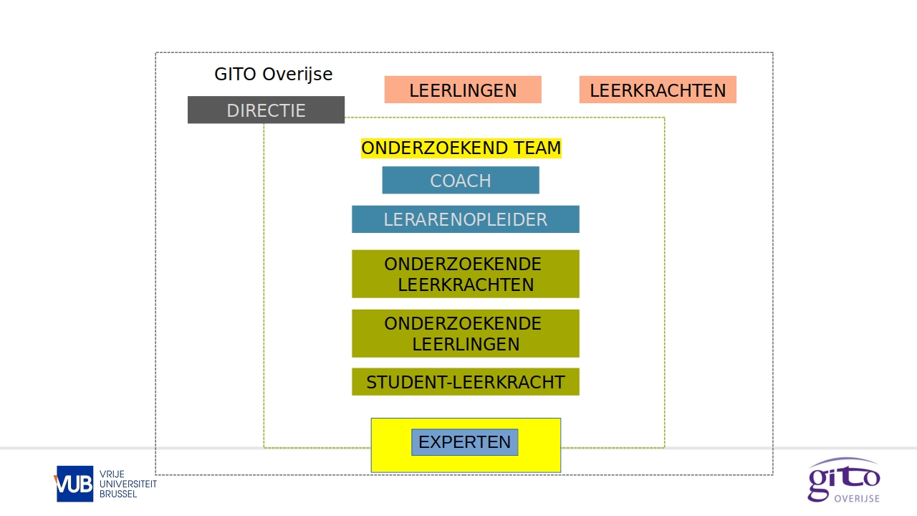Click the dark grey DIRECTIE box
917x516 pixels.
pyautogui.click(x=266, y=110)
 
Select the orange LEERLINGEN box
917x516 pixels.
pyautogui.click(x=463, y=90)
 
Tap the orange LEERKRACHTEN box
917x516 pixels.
pyautogui.click(x=658, y=90)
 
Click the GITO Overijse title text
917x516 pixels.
pyautogui.click(x=274, y=74)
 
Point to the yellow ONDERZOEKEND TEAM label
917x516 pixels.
pyautogui.click(x=461, y=148)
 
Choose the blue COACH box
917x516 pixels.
pyautogui.click(x=461, y=181)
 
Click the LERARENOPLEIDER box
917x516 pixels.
pyautogui.click(x=465, y=219)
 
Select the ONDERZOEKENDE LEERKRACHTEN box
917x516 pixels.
pyautogui.click(x=465, y=274)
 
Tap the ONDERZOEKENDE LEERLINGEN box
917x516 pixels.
pyautogui.click(x=465, y=333)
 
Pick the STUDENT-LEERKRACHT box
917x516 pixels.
pyautogui.click(x=465, y=382)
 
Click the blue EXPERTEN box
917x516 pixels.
pyautogui.click(x=464, y=442)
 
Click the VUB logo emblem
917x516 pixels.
pyautogui.click(x=75, y=484)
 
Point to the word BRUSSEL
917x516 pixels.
pyautogui.click(x=118, y=494)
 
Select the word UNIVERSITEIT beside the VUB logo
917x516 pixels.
pyautogui.click(x=128, y=484)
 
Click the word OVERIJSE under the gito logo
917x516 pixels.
pyautogui.click(x=857, y=498)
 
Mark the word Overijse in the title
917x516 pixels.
pyautogui.click(x=297, y=74)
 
